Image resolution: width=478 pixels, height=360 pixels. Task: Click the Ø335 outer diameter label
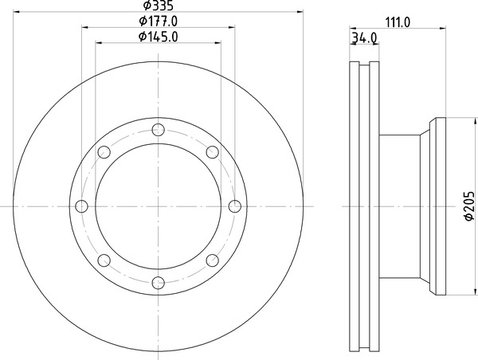[x=159, y=6]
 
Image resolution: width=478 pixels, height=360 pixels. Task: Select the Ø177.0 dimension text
[x=159, y=21]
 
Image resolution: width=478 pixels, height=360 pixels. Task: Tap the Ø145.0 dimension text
[x=159, y=37]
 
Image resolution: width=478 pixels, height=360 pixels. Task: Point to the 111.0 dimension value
[x=398, y=22]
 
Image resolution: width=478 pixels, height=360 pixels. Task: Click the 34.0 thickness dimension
[x=365, y=38]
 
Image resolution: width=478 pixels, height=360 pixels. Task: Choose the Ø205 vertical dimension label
[x=469, y=205]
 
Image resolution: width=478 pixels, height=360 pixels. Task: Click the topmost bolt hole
[x=159, y=130]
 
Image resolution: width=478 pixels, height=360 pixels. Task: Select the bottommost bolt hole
[x=159, y=283]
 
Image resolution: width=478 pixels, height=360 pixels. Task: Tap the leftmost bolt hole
[x=81, y=206]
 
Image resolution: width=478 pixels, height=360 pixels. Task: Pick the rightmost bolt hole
[x=235, y=206]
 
